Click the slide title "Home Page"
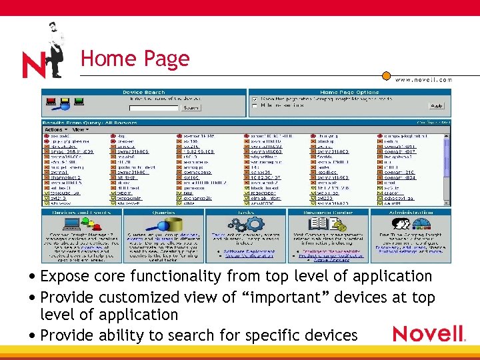click(135, 59)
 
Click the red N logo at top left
click(35, 64)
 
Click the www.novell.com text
click(424, 79)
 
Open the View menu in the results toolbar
click(79, 129)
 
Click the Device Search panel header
click(145, 92)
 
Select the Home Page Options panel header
click(349, 92)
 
